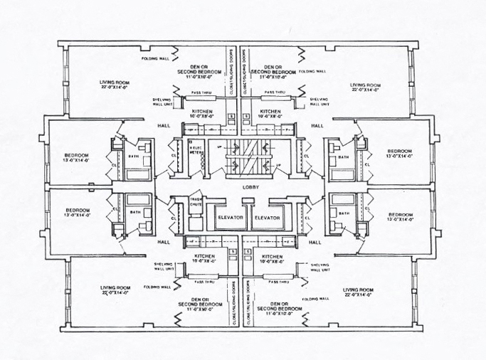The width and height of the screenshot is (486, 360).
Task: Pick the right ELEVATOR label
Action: (268, 217)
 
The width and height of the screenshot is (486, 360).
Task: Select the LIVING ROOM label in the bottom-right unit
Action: (358, 290)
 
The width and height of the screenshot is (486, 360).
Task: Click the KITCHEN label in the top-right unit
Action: (270, 112)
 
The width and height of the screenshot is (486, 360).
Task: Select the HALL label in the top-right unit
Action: (317, 126)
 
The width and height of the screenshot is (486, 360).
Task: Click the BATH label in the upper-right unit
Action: (344, 157)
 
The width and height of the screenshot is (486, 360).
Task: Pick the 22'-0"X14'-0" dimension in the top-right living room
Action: (365, 90)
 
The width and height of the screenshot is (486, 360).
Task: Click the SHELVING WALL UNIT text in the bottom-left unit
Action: (164, 268)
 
